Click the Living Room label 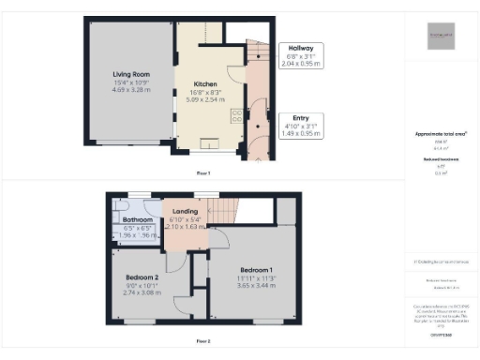(130, 73)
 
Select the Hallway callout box (301, 55)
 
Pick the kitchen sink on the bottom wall (208, 142)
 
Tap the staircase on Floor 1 (256, 66)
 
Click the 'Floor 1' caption (203, 173)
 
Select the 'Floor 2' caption (203, 341)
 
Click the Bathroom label (137, 220)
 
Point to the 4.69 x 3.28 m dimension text (130, 90)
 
